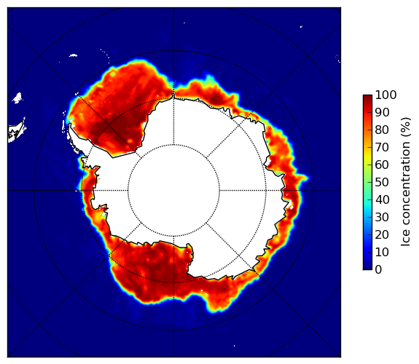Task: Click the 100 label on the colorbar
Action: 385,95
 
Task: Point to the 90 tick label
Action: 382,112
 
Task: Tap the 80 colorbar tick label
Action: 382,130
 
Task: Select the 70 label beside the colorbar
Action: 382,147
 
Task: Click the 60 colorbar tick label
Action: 382,165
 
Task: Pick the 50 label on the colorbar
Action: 382,183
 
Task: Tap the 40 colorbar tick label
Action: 382,199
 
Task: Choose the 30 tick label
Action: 382,218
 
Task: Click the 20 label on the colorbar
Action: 382,234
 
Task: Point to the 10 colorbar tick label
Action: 382,252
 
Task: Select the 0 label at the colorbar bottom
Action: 379,270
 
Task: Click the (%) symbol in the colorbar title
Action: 406,127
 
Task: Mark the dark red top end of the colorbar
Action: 367,98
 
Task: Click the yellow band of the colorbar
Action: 367,157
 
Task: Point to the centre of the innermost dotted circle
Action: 173,191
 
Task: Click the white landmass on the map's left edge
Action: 17,131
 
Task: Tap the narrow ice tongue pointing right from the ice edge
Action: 304,178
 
